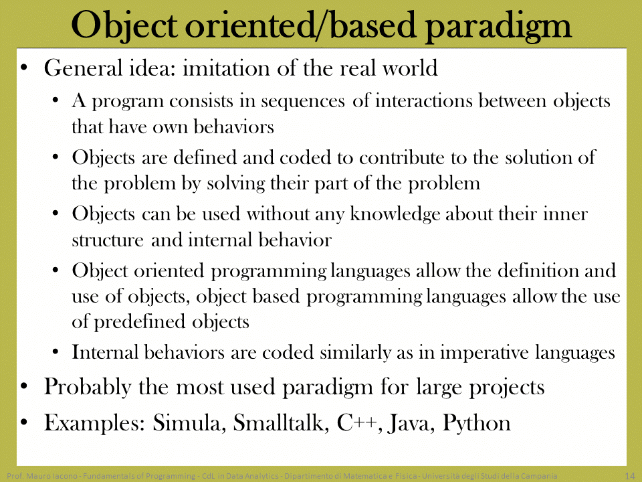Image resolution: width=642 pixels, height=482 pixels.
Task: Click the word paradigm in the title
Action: [498, 26]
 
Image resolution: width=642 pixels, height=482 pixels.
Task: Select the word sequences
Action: [302, 102]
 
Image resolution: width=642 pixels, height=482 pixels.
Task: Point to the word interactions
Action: [424, 100]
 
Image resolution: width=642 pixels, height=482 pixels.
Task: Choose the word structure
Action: [108, 240]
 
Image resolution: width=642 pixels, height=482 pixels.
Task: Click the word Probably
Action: [88, 388]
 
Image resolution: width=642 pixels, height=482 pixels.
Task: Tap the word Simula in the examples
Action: [187, 422]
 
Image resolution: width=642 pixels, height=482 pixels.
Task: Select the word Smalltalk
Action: [281, 422]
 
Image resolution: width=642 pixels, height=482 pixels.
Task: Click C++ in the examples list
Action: [357, 422]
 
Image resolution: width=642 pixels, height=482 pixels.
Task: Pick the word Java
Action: [410, 422]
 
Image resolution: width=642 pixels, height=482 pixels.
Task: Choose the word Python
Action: [477, 423]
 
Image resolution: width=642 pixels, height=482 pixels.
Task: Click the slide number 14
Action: [630, 476]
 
